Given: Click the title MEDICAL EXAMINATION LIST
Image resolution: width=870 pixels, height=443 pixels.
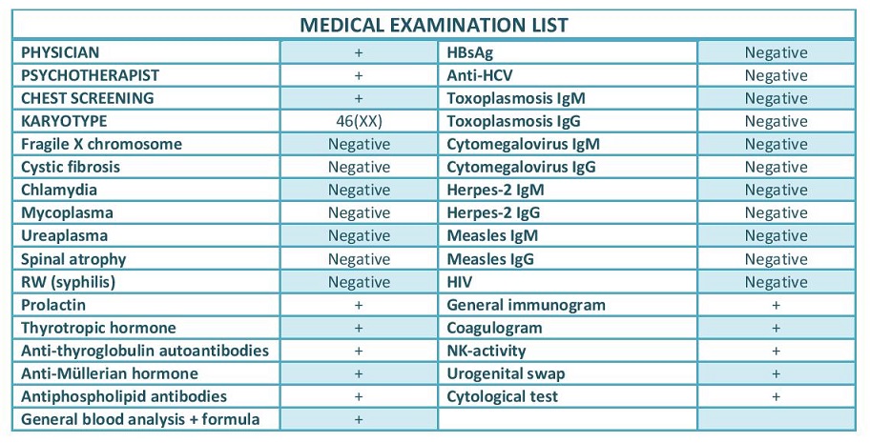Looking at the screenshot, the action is (434, 25).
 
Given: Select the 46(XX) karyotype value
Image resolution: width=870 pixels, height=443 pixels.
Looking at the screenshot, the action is (359, 121).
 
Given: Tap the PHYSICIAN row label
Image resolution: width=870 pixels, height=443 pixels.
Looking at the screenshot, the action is (60, 52).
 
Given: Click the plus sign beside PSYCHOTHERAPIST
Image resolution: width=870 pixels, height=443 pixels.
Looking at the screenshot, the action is (359, 75).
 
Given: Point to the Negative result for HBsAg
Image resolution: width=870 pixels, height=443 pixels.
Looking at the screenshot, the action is (777, 52).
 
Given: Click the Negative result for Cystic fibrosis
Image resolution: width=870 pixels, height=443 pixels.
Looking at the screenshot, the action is (359, 167).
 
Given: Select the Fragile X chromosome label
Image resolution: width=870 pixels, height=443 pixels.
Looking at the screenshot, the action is (101, 144).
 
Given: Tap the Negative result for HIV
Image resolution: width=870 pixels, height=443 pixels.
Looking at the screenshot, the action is (777, 282).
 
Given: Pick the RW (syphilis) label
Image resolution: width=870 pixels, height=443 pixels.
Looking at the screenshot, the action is (69, 282).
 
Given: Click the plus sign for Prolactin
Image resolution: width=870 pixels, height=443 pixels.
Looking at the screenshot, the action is (359, 305).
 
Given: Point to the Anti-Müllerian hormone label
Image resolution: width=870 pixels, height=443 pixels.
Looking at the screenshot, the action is (110, 373).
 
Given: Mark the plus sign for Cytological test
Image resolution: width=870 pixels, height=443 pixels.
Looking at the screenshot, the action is (777, 396).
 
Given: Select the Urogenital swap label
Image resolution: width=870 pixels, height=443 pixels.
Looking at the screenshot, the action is (506, 373).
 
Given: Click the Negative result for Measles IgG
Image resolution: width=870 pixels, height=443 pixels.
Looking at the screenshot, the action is (777, 259).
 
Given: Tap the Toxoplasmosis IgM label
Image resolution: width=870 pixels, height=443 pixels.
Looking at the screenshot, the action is (516, 99).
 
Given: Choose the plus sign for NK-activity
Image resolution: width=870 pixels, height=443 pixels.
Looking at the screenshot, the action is (777, 351).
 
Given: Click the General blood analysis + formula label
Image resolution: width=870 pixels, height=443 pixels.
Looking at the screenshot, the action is (140, 419).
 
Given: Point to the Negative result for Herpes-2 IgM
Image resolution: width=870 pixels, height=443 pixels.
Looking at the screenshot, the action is (777, 191).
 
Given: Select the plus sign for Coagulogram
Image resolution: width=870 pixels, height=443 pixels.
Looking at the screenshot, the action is (777, 328).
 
